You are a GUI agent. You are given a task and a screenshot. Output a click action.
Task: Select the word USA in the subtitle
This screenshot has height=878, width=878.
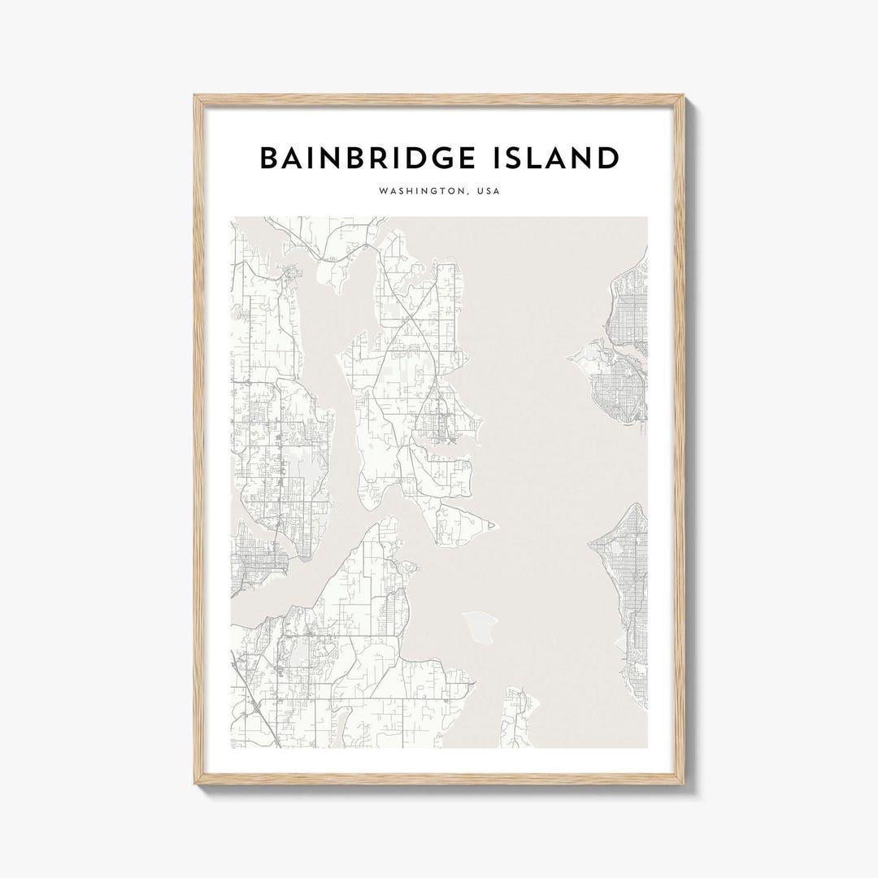tap(487, 193)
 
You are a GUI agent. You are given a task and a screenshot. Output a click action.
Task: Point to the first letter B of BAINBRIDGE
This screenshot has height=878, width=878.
tap(269, 159)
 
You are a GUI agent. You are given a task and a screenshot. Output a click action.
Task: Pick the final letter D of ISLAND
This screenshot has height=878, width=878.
tap(607, 159)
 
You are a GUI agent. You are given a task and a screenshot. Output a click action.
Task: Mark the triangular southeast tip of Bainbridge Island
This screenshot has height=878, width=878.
tap(493, 529)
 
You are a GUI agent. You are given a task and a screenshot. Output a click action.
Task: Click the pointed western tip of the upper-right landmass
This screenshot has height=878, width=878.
tap(575, 355)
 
